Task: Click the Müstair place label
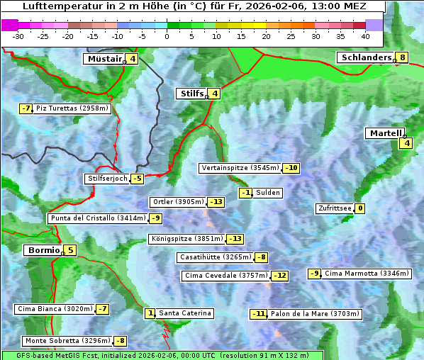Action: coord(104,59)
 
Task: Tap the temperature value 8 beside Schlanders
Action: coord(403,57)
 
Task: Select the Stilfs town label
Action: coord(191,94)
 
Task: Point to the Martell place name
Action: coord(384,133)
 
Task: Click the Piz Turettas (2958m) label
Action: coord(72,108)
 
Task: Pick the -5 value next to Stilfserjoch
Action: coord(137,179)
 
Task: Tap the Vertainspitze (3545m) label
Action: coord(240,168)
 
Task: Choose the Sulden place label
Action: coord(268,193)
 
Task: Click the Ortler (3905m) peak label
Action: coord(179,202)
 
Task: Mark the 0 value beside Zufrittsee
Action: coord(360,208)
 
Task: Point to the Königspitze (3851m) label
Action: coord(186,239)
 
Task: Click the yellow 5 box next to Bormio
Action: coord(71,250)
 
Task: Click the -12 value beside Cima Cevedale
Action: coord(280,276)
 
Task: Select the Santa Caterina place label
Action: coord(184,313)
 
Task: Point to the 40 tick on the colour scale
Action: coord(365,35)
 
